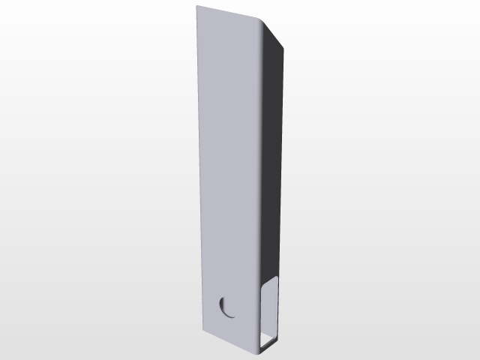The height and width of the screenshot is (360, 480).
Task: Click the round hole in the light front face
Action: click(227, 307)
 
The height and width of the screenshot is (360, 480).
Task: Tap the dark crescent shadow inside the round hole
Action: click(223, 306)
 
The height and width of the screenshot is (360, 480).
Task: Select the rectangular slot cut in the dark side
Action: click(270, 307)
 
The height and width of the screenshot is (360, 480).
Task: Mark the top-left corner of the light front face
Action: click(197, 7)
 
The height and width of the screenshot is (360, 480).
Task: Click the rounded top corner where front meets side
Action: click(262, 22)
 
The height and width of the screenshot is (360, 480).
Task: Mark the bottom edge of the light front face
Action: click(229, 340)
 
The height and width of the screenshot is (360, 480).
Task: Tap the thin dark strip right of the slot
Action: click(281, 307)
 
